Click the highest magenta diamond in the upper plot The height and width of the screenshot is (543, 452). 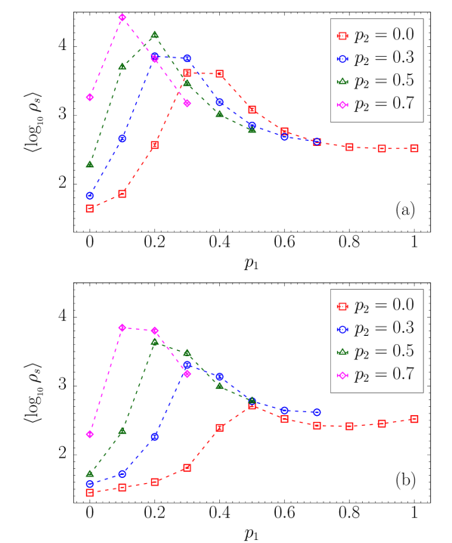[122, 17]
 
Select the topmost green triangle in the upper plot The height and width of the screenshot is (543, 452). [154, 34]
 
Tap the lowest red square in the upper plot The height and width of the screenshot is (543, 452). [89, 208]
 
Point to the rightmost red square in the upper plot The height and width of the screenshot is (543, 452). [413, 148]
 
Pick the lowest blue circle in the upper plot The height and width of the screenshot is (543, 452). [89, 195]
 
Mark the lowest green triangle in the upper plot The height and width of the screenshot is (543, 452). [89, 163]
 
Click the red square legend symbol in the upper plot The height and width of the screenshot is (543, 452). [342, 36]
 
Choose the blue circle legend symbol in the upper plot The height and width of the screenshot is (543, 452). [342, 59]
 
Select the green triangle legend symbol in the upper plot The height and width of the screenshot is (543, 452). [342, 81]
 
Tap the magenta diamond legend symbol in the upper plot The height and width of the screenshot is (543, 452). [342, 105]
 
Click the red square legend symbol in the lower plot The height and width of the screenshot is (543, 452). [342, 306]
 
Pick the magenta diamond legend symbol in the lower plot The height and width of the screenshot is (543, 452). [342, 375]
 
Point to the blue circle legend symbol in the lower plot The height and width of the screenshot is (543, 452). [342, 330]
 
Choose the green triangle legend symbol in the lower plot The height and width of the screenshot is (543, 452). [342, 352]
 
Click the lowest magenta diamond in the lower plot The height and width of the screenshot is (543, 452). [89, 434]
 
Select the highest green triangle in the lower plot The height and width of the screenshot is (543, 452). [154, 341]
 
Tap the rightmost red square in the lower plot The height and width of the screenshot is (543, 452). [413, 419]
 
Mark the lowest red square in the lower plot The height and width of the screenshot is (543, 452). [89, 492]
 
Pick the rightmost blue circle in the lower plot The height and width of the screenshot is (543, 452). [317, 412]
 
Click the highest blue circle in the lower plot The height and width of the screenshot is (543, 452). [187, 365]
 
